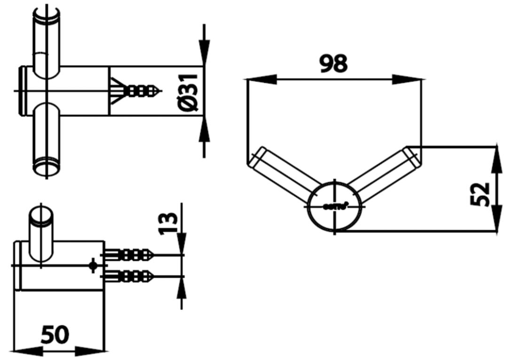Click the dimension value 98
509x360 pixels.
click(333, 64)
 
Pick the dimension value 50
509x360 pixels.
click(55, 335)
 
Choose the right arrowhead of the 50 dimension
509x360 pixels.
click(94, 350)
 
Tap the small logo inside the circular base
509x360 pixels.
click(335, 206)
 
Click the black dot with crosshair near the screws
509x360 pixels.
click(93, 266)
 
